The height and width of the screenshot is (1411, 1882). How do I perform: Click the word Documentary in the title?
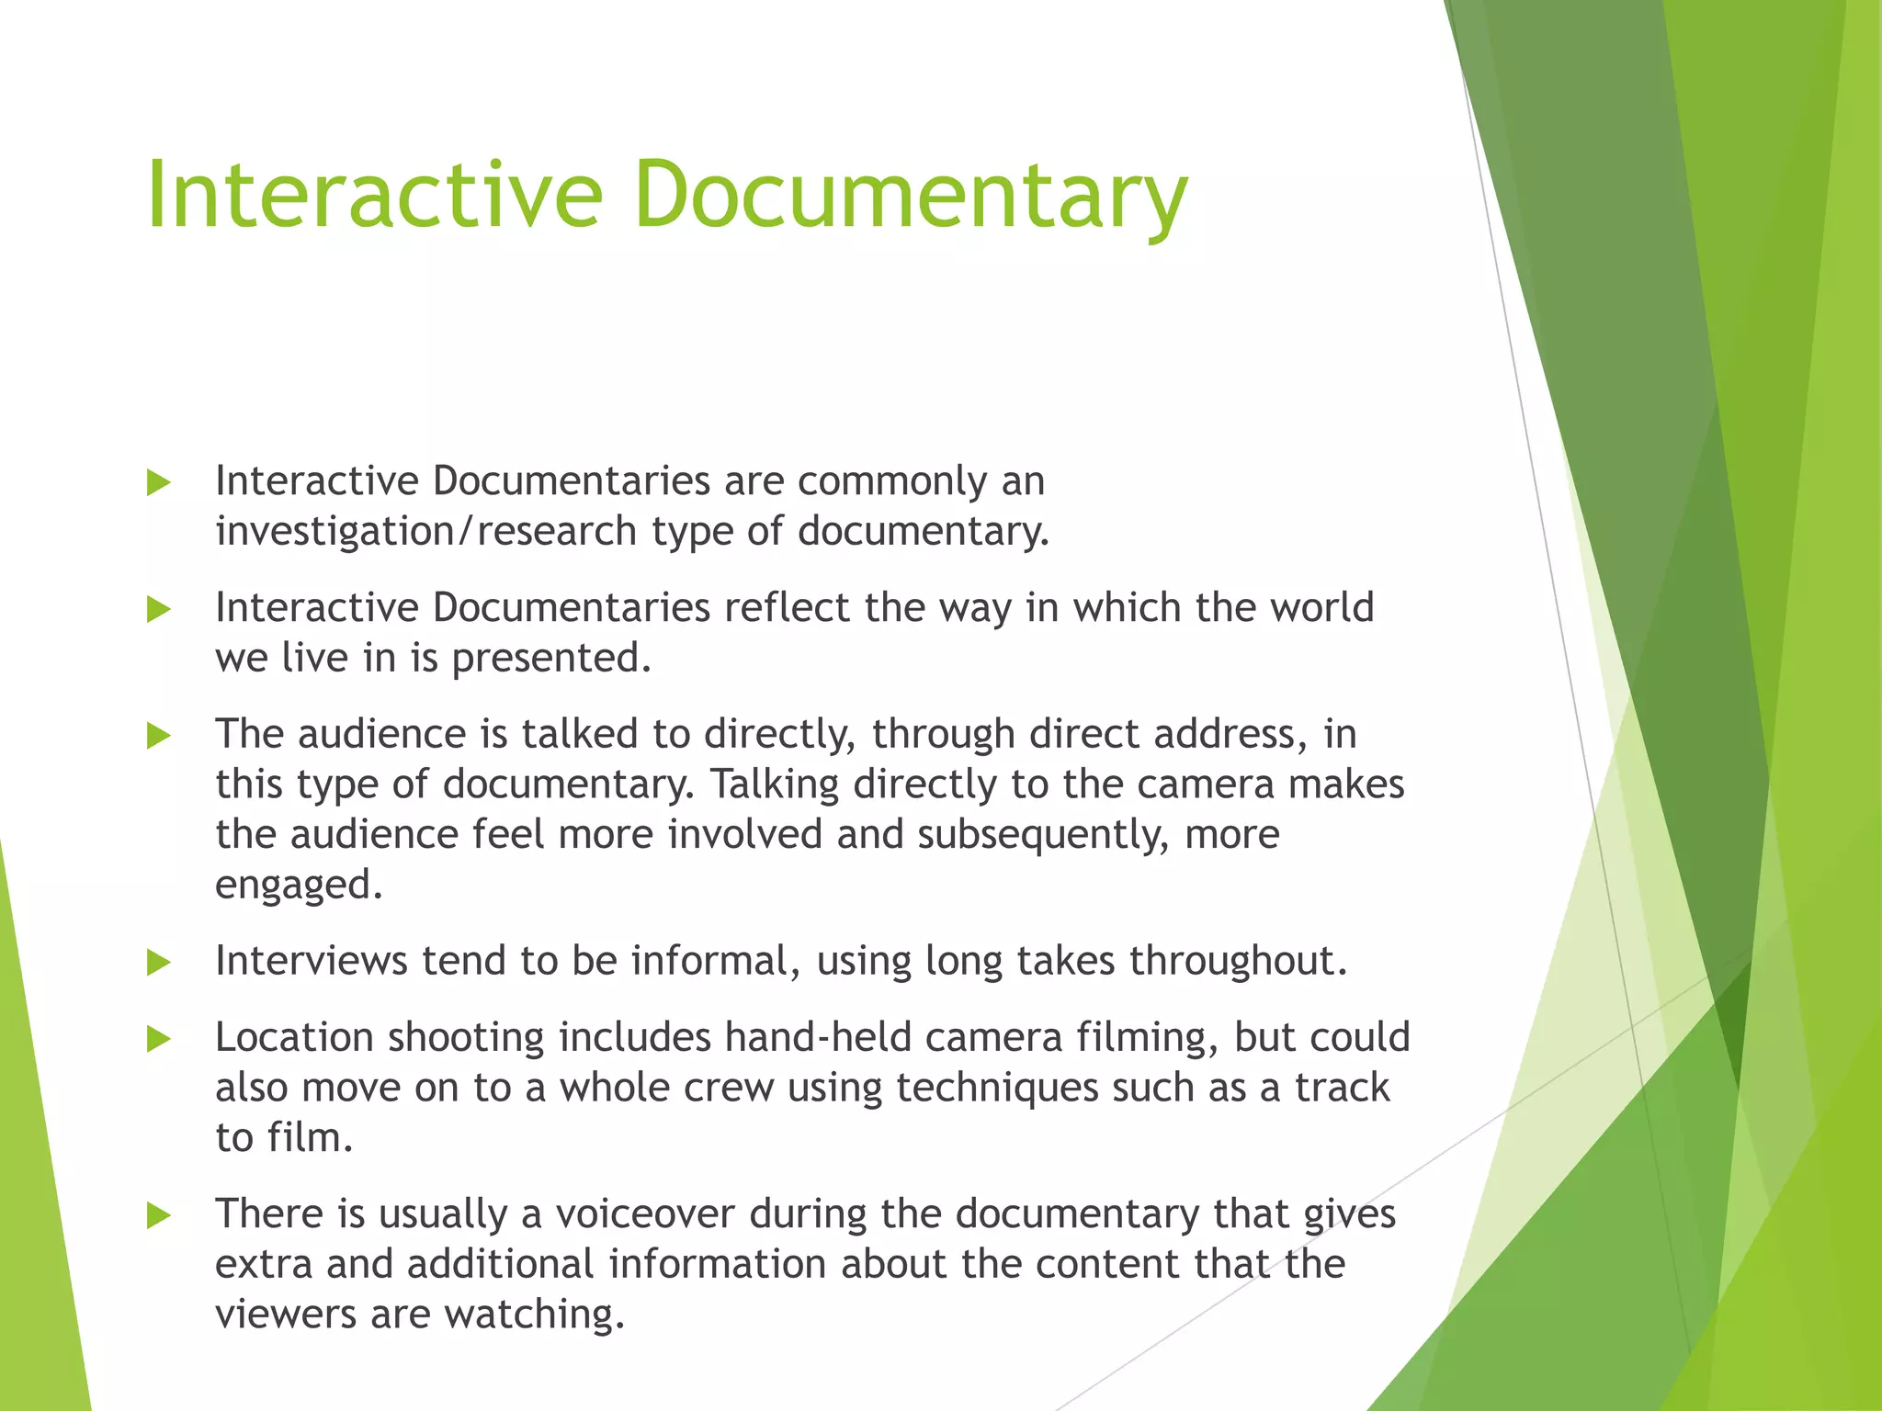[910, 195]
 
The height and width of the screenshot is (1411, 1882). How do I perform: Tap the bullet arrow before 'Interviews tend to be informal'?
[159, 963]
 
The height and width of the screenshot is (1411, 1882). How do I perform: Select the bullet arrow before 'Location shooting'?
[159, 1039]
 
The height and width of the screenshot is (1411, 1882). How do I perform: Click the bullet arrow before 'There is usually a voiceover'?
[159, 1216]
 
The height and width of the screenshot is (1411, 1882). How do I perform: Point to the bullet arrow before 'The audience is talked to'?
[159, 736]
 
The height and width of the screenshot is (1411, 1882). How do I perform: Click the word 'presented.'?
[551, 659]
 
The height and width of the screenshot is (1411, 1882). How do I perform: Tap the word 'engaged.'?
[299, 886]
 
